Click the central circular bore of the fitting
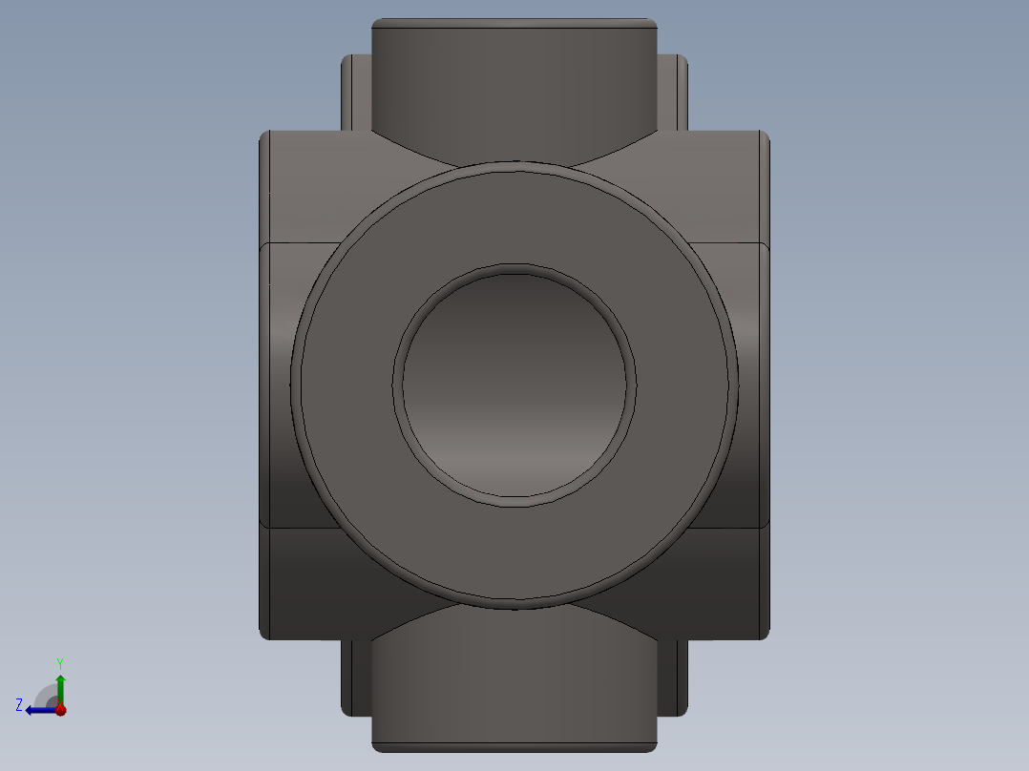(x=514, y=385)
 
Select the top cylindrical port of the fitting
(x=514, y=92)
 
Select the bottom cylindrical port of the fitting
(x=514, y=682)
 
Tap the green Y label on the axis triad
(x=60, y=663)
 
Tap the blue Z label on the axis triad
(x=19, y=705)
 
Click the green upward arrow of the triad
(x=60, y=690)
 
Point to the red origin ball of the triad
(x=60, y=710)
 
